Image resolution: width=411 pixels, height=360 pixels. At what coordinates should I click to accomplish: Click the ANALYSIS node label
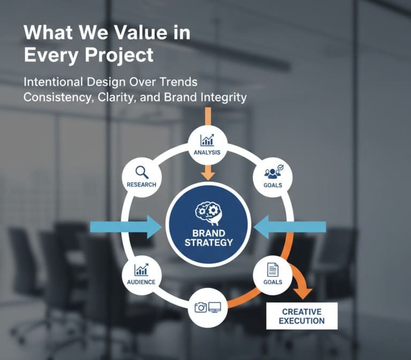208,153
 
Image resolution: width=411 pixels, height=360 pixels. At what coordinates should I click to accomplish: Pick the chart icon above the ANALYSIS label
207,140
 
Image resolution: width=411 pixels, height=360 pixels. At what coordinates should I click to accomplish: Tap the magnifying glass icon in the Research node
142,172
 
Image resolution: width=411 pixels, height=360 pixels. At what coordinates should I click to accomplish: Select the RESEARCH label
142,185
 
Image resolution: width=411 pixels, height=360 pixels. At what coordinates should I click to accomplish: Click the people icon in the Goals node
273,172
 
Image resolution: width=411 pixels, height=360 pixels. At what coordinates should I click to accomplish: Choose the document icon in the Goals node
273,269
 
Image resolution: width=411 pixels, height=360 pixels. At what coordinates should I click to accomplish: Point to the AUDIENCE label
142,282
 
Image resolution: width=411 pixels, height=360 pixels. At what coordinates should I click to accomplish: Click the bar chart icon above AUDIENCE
142,269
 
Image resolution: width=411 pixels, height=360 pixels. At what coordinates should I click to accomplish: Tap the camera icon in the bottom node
201,307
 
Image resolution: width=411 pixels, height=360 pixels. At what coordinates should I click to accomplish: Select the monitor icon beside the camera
215,307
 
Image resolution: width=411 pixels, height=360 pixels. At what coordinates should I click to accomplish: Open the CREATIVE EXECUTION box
302,316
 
